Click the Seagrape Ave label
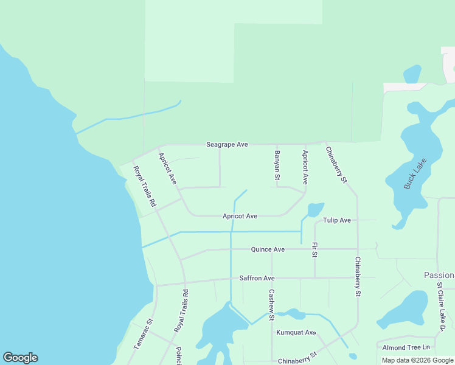point(227,145)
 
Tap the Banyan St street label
point(277,165)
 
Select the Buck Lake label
point(416,173)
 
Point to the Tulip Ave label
point(337,220)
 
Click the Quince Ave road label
point(268,249)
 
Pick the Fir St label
point(314,250)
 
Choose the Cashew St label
point(271,305)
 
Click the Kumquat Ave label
point(296,333)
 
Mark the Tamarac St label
point(144,334)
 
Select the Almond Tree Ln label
point(406,347)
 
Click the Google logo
point(20,358)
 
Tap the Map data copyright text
point(417,360)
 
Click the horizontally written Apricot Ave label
point(240,216)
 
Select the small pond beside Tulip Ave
point(315,210)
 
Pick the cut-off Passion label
point(439,276)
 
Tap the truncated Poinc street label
point(179,355)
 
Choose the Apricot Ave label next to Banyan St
point(305,168)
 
